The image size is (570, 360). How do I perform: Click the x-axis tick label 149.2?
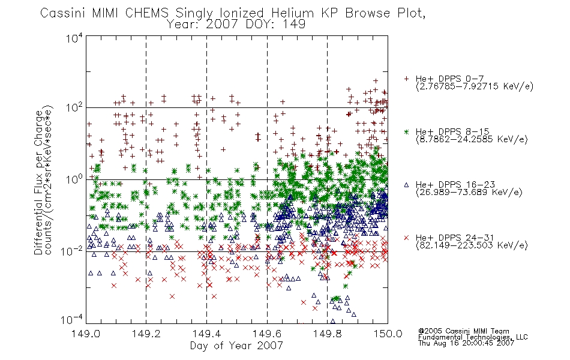pos(146,333)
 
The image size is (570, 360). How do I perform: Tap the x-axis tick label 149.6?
pos(267,333)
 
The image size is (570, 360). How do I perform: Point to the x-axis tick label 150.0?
pos(388,333)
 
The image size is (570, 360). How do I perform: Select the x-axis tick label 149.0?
pos(86,333)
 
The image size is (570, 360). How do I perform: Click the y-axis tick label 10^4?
pos(74,37)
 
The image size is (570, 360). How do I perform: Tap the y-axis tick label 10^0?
pos(74,179)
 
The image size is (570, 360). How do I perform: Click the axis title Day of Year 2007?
pos(236,346)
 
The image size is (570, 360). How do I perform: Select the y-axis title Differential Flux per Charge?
pos(38,183)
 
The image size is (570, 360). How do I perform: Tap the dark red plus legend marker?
pos(406,79)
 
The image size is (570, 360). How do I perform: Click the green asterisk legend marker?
pos(406,131)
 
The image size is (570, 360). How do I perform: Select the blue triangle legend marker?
pos(406,185)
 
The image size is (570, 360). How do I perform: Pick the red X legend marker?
pos(406,238)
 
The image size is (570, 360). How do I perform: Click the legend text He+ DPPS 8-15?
pos(452,131)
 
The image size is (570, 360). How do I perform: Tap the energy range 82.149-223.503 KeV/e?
pos(472,245)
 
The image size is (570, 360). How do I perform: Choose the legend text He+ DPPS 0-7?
pos(449,79)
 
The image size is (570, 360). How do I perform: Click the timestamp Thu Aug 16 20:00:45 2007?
pos(466,343)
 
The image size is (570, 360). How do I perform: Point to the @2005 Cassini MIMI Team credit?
pos(463,331)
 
